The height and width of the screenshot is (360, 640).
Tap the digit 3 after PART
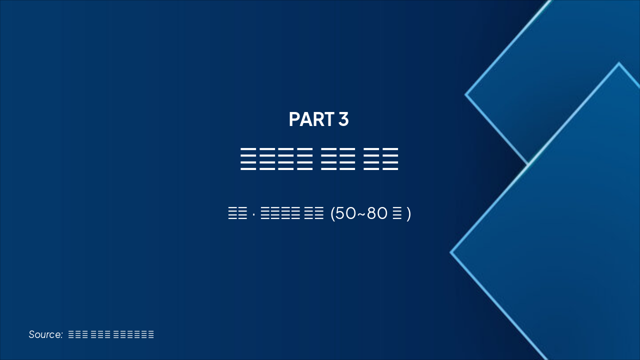pos(343,119)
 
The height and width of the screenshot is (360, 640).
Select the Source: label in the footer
pos(45,334)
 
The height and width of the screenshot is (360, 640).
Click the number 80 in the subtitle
pos(377,213)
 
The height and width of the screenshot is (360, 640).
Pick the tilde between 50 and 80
pos(361,214)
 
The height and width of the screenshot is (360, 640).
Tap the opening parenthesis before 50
pos(333,213)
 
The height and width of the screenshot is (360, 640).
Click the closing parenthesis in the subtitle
pos(408,213)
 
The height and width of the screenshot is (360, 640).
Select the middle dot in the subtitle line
pos(254,214)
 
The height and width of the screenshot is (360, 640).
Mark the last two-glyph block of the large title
pos(380,159)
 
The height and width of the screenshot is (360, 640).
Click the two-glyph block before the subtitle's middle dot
pos(237,214)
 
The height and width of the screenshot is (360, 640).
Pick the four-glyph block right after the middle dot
pos(280,214)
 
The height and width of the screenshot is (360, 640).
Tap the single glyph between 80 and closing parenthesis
pos(397,214)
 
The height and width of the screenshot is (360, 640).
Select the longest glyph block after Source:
pos(133,334)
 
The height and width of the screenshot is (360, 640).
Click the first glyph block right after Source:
pos(78,334)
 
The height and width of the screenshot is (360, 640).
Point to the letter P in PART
pos(293,119)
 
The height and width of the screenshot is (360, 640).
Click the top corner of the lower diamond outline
pos(618,63)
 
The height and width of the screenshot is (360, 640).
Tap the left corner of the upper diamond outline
pos(466,94)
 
